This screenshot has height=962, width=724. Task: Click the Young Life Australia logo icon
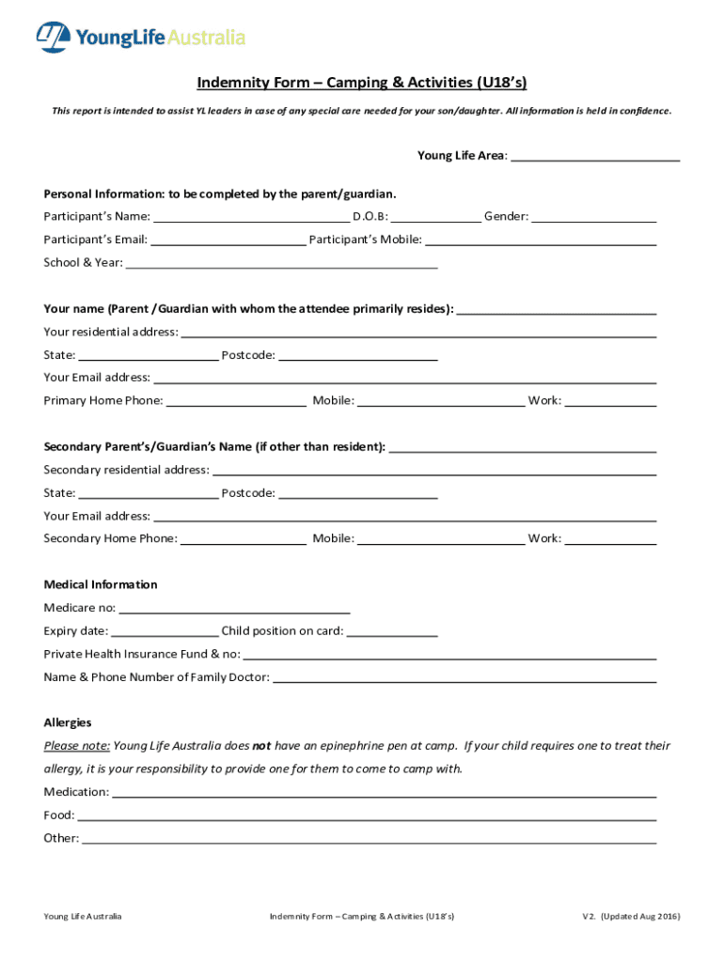pyautogui.click(x=54, y=38)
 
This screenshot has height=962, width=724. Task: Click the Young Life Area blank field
pyautogui.click(x=594, y=156)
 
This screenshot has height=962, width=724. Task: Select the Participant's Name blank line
pyautogui.click(x=251, y=217)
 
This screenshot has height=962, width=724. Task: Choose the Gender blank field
pyautogui.click(x=594, y=217)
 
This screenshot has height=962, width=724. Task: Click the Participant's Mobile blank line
pyautogui.click(x=541, y=240)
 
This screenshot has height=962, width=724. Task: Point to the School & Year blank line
pyautogui.click(x=282, y=263)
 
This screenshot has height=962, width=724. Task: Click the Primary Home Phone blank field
pyautogui.click(x=236, y=401)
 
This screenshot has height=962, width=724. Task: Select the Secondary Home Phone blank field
pyautogui.click(x=243, y=539)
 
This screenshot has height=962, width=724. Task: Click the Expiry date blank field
pyautogui.click(x=165, y=631)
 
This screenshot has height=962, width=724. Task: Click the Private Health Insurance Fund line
pyautogui.click(x=449, y=654)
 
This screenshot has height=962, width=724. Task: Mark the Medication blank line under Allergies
pyautogui.click(x=384, y=793)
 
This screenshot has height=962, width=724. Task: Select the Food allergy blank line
pyautogui.click(x=367, y=815)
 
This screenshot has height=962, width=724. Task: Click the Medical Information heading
pyautogui.click(x=101, y=584)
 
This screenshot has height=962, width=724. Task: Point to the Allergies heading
pyautogui.click(x=68, y=722)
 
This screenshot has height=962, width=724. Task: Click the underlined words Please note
pyautogui.click(x=77, y=746)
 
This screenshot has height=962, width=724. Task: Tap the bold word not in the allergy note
pyautogui.click(x=261, y=746)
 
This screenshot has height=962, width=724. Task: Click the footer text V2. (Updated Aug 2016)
pyautogui.click(x=631, y=916)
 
